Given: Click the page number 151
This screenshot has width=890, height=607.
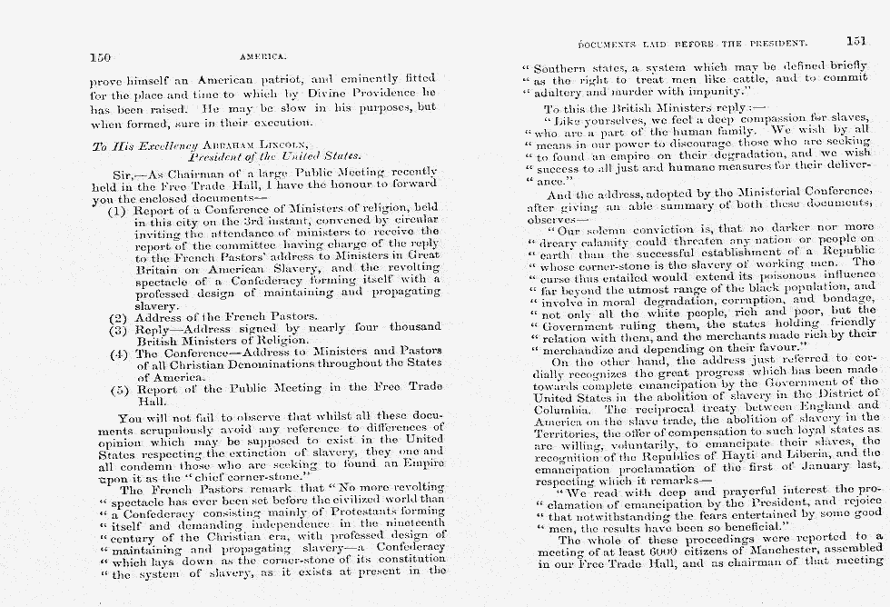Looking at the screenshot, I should [855, 41].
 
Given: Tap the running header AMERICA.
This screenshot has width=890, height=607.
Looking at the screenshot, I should [258, 57].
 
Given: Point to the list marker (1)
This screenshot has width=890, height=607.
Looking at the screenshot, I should [116, 212].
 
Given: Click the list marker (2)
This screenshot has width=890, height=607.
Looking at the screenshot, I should [116, 317].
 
